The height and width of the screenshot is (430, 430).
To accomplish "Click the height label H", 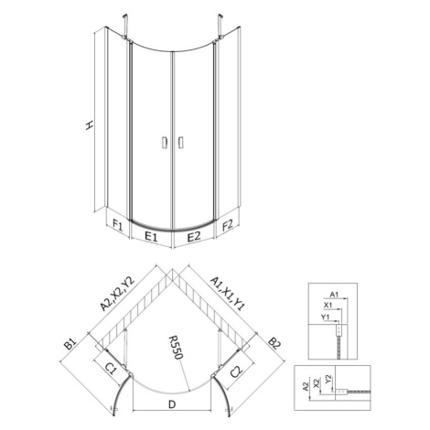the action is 89,125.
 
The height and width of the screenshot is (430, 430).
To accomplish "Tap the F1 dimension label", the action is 118,226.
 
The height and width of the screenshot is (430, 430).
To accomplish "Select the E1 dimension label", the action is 151,236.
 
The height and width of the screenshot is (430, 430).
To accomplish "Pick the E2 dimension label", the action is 194,236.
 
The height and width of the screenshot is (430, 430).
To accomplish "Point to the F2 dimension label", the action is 228,225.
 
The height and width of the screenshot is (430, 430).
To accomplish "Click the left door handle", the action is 165,143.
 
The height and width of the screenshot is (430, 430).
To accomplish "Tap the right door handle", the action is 180,143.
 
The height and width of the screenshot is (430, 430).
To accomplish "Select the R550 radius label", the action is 177,348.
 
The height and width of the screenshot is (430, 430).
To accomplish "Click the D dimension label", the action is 172,404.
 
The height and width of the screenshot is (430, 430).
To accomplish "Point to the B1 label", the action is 70,344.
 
